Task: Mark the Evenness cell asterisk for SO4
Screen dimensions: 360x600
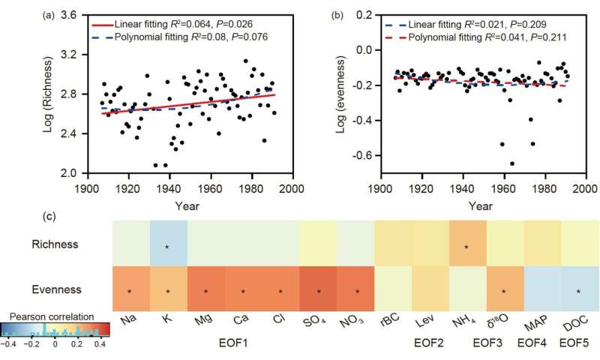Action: tap(318, 291)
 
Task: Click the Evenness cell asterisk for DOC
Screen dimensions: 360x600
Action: tap(579, 291)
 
